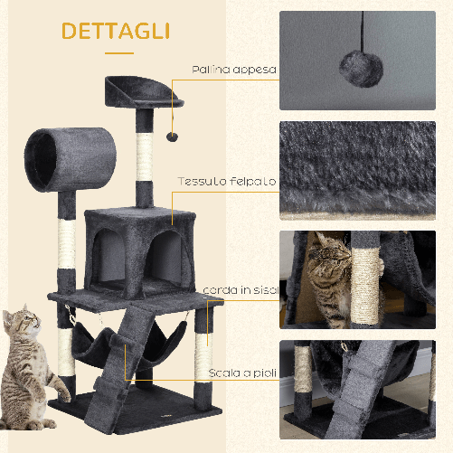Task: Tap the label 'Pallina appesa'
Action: click(233, 69)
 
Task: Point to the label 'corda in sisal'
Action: click(240, 289)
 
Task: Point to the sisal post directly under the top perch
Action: click(146, 155)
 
